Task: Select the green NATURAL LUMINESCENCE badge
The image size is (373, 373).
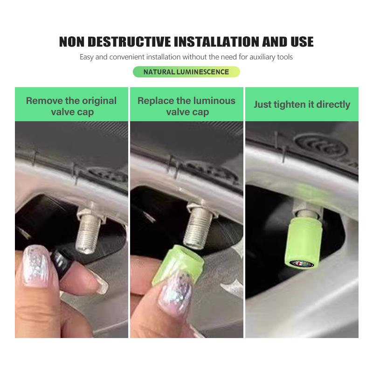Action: pos(186,72)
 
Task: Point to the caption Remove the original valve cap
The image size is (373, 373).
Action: pos(71,106)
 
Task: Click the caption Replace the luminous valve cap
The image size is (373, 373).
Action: pos(186,106)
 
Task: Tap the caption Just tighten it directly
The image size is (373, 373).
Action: pos(302,104)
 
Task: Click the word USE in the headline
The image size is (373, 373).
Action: pos(298,41)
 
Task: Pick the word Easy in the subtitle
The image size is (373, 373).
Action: pos(87,57)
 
